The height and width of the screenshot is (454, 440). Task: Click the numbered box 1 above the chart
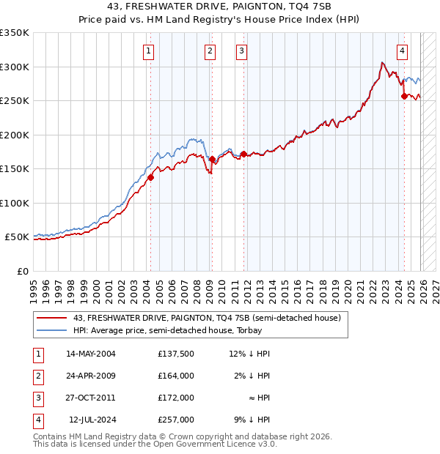[149, 51]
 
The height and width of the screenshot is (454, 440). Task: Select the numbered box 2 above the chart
[210, 51]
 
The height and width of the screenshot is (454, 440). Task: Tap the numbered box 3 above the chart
[241, 51]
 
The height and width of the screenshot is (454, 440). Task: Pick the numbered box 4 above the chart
[403, 51]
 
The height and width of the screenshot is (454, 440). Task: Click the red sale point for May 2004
[150, 177]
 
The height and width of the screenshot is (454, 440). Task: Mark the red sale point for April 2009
[212, 159]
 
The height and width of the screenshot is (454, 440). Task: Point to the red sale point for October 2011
[243, 154]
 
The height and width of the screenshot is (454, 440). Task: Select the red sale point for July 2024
[404, 96]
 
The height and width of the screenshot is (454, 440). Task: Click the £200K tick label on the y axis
[15, 135]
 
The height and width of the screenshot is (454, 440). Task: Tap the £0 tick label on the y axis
[22, 271]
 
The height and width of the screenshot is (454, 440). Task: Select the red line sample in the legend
[52, 319]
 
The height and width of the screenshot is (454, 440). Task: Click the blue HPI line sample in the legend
[52, 330]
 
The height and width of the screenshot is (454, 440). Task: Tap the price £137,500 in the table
[176, 354]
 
